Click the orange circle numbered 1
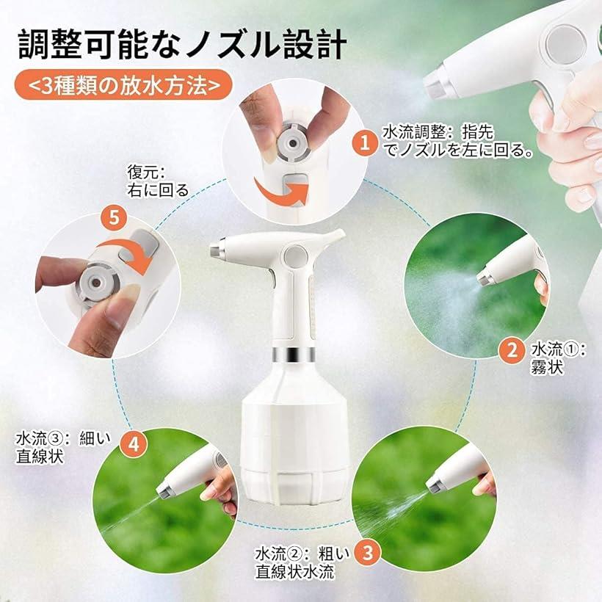365,142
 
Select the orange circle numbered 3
367,553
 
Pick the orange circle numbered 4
134,444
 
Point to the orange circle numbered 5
115,218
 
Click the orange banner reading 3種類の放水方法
124,85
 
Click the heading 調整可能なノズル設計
183,45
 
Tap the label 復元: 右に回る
158,181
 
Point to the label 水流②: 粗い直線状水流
302,563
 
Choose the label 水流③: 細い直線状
63,447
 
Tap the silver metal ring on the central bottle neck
294,354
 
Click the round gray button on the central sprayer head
295,256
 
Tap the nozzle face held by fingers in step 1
293,144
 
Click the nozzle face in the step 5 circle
96,282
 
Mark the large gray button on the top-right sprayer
565,44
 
